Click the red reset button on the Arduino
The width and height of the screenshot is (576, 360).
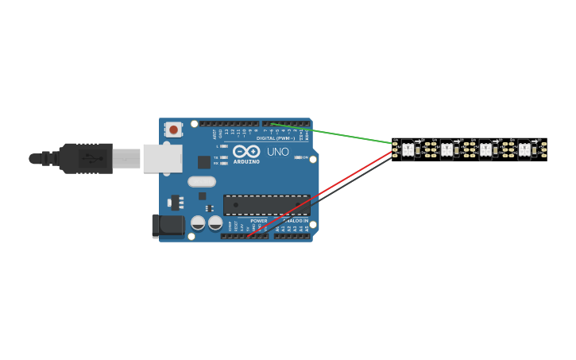(x=173, y=130)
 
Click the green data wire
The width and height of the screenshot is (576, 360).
(x=334, y=134)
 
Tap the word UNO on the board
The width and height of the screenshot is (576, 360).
(x=278, y=152)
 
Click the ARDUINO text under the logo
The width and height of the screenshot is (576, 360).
(x=246, y=161)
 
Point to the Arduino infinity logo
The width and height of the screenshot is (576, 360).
(x=246, y=151)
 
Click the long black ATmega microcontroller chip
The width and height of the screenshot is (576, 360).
(x=266, y=205)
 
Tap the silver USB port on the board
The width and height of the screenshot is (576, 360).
(x=162, y=158)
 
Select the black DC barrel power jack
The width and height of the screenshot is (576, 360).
(x=168, y=226)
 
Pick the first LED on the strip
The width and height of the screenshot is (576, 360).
(x=408, y=149)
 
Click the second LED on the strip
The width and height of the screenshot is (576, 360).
(x=447, y=149)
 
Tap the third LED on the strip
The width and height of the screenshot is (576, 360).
(x=485, y=149)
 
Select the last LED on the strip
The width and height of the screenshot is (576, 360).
(x=524, y=149)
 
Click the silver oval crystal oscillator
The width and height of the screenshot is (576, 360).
(x=202, y=181)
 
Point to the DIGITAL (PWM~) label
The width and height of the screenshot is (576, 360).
(x=275, y=138)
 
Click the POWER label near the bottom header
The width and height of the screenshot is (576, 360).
(x=259, y=221)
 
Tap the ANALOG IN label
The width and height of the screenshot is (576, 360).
(x=296, y=221)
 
